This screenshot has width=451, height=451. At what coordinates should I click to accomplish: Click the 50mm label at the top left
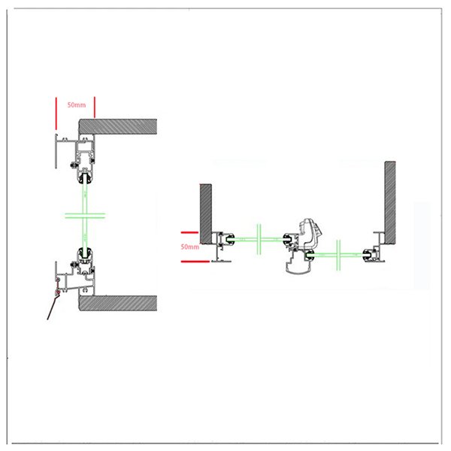[x=76, y=106]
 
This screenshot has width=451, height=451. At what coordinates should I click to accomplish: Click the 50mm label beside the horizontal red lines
[x=190, y=246]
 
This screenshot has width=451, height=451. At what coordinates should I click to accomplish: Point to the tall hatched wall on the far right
[x=389, y=197]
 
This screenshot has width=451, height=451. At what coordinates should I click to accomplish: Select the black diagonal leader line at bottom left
[x=53, y=306]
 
